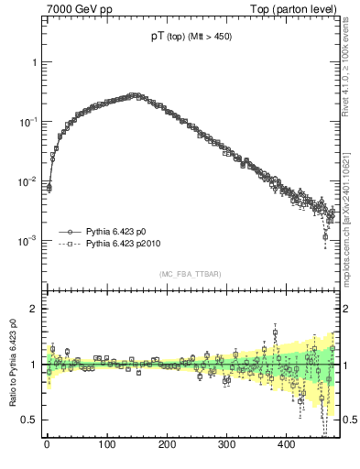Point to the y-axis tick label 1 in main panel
click(x=34, y=62)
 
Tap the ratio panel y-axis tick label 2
click(x=34, y=309)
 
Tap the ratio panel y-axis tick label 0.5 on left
click(x=29, y=420)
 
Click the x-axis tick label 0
click(x=47, y=444)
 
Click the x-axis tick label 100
click(x=107, y=444)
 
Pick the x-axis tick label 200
click(x=167, y=444)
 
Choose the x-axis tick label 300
click(x=227, y=444)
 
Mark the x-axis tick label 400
click(x=287, y=444)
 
